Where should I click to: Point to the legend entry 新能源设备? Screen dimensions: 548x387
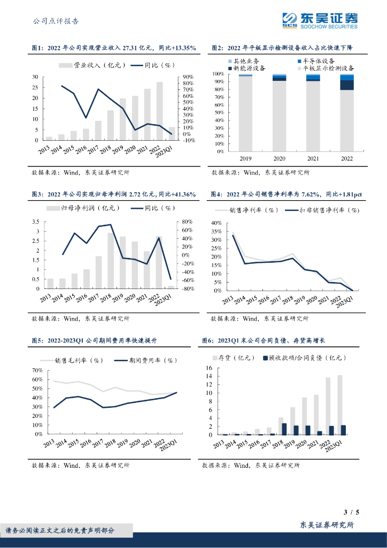tap(247, 68)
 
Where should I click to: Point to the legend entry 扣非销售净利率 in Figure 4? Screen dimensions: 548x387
tap(322, 211)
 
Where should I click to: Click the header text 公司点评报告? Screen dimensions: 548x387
tap(56, 21)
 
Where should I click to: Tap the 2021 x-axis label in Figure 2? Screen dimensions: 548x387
tap(313, 158)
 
